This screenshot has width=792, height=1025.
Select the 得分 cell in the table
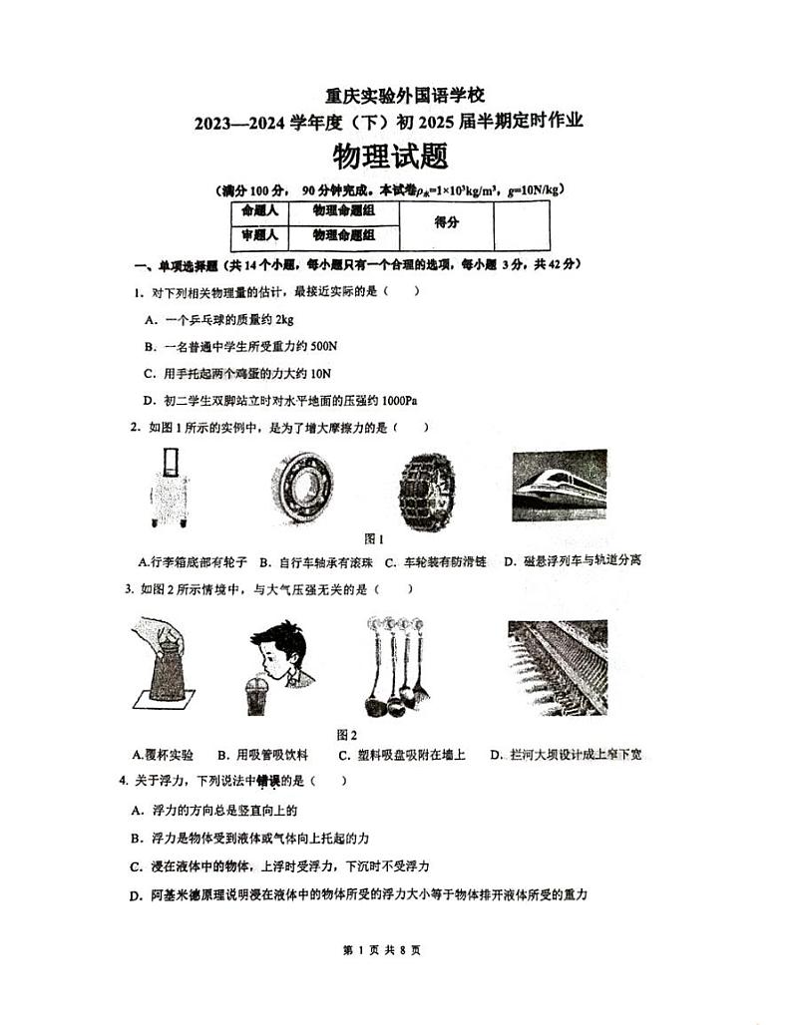point(446,224)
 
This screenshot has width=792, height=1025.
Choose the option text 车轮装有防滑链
point(442,561)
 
